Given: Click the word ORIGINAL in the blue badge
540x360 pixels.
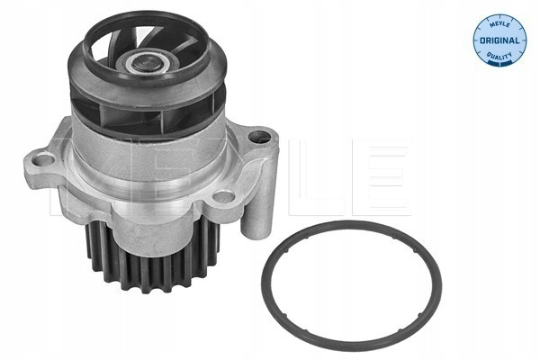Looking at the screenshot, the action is pyautogui.click(x=499, y=40).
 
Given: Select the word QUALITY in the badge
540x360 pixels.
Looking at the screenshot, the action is pyautogui.click(x=499, y=56).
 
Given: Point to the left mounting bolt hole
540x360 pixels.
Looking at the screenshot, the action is pyautogui.click(x=45, y=159).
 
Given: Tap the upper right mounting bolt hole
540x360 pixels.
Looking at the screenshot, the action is pyautogui.click(x=259, y=137).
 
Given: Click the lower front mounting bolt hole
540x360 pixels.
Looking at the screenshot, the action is pyautogui.click(x=224, y=197).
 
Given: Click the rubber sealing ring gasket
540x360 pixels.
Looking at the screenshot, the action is pyautogui.click(x=351, y=223).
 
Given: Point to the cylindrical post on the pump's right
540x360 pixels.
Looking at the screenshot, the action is pyautogui.click(x=259, y=207).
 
